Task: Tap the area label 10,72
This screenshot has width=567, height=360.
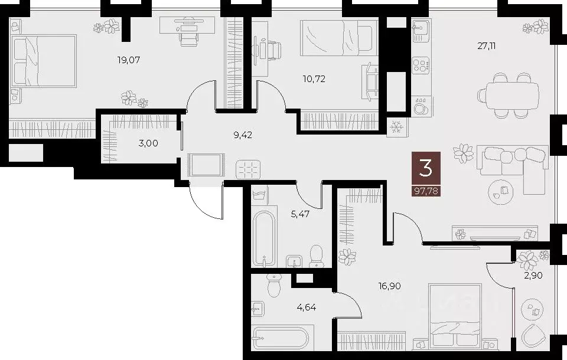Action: (314, 78)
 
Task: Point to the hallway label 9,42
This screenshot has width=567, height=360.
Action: (243, 135)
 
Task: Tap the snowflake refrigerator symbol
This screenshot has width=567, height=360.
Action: (395, 127)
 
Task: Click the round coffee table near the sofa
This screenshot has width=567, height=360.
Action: (501, 189)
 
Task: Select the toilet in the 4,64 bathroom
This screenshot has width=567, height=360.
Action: (273, 286)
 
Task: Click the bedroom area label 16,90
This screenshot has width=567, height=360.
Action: (390, 286)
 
